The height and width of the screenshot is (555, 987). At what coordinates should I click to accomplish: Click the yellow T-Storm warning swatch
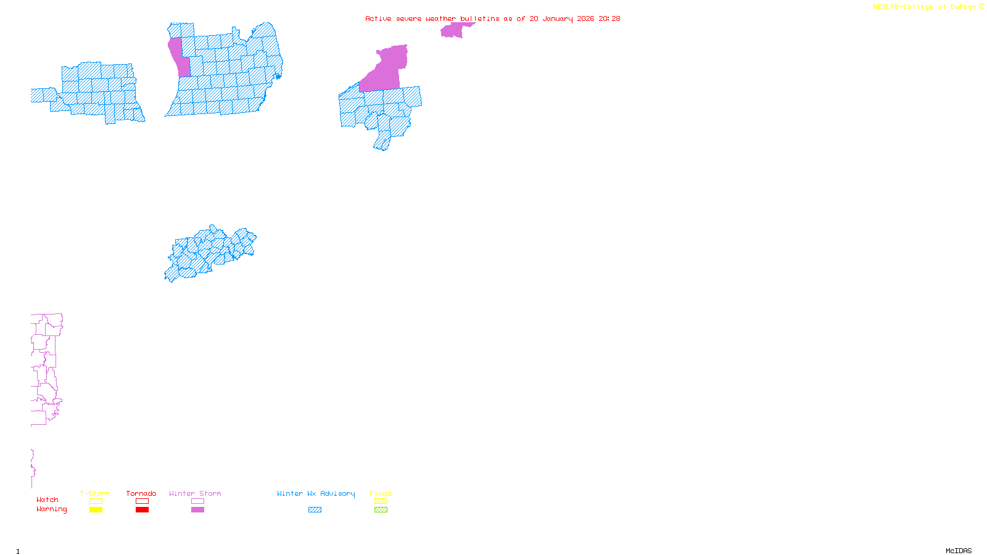pyautogui.click(x=96, y=510)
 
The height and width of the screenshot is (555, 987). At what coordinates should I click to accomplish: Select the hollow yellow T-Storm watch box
pyautogui.click(x=96, y=501)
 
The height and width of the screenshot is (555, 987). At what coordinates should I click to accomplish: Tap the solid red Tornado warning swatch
pyautogui.click(x=142, y=510)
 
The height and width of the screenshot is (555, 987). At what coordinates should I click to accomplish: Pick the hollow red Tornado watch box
pyautogui.click(x=142, y=501)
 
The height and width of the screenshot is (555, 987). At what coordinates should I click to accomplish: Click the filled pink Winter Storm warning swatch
pyautogui.click(x=197, y=510)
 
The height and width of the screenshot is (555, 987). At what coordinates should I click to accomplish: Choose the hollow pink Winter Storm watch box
pyautogui.click(x=197, y=501)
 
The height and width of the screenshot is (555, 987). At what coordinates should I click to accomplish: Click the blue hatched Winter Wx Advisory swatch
pyautogui.click(x=315, y=510)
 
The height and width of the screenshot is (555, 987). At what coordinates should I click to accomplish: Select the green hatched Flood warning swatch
pyautogui.click(x=381, y=510)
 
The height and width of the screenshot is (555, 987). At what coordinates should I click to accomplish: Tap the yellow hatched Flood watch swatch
pyautogui.click(x=381, y=501)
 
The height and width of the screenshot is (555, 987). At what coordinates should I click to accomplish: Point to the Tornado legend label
pyautogui.click(x=141, y=493)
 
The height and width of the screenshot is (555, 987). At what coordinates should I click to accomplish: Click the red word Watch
pyautogui.click(x=47, y=500)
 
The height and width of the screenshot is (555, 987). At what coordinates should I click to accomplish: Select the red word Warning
pyautogui.click(x=52, y=509)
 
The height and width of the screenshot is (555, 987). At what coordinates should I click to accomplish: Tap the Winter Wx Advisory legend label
pyautogui.click(x=316, y=493)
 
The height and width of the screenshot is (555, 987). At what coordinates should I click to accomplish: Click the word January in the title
pyautogui.click(x=558, y=18)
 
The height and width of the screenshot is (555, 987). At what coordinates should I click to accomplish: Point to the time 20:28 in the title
pyautogui.click(x=609, y=18)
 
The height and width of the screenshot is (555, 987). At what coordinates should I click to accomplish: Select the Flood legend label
pyautogui.click(x=381, y=493)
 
